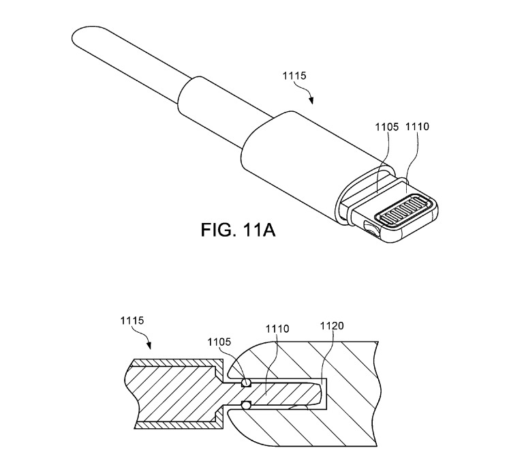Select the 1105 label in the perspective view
tap(388, 127)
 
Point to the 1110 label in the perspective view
tap(418, 127)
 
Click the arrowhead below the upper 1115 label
tap(312, 103)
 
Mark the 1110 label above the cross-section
tap(276, 329)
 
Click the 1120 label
tap(330, 326)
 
